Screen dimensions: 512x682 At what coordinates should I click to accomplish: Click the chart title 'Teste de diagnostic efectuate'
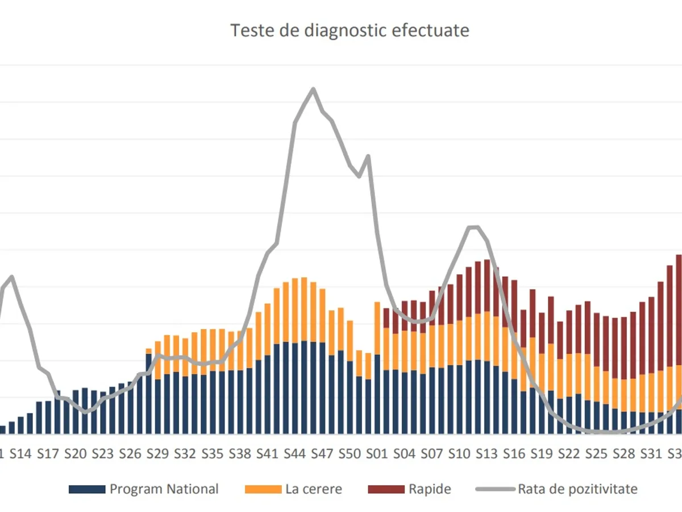tap(350, 30)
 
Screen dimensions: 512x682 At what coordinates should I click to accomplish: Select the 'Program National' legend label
tap(164, 489)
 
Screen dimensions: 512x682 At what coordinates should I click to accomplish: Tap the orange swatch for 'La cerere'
tap(263, 489)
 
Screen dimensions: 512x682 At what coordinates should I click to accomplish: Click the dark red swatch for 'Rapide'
tap(386, 489)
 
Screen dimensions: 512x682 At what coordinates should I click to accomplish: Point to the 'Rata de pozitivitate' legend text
tap(577, 489)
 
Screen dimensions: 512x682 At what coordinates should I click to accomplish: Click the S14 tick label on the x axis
tap(20, 453)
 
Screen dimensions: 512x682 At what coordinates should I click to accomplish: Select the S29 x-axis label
tap(157, 453)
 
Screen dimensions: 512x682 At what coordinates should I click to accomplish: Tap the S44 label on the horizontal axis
tap(294, 453)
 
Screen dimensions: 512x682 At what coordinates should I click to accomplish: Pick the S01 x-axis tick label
tap(377, 453)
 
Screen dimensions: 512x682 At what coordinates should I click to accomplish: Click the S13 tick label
tap(486, 453)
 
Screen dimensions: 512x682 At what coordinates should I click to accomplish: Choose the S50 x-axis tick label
tap(350, 453)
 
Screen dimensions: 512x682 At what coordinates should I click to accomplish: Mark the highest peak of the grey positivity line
tap(313, 89)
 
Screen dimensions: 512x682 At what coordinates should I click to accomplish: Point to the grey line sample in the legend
tap(495, 489)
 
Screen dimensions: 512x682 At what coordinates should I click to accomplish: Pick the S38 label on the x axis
tap(240, 453)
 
